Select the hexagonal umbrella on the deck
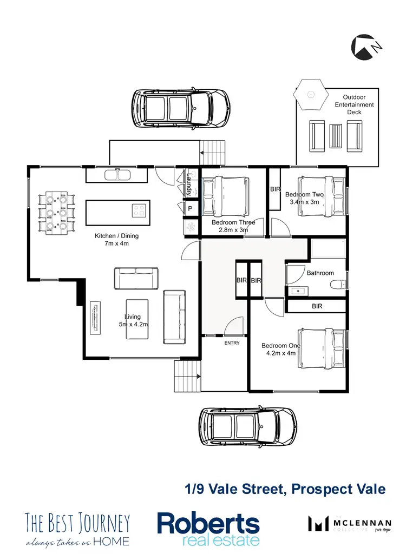pyautogui.click(x=311, y=93)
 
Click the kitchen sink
pyautogui.click(x=117, y=174)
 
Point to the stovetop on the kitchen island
pyautogui.click(x=139, y=209)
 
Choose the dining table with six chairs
pyautogui.click(x=56, y=212)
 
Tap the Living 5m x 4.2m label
pyautogui.click(x=133, y=320)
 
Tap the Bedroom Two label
pyautogui.click(x=304, y=198)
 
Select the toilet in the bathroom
pyautogui.click(x=339, y=286)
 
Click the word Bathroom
pyautogui.click(x=320, y=273)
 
